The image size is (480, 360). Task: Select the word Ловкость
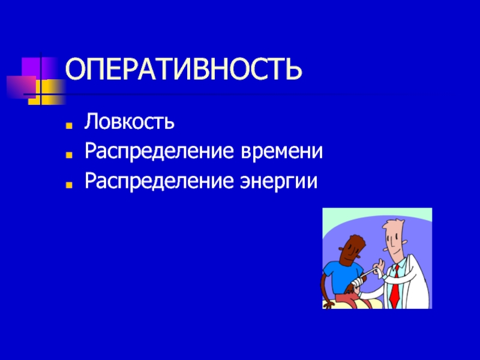pyautogui.click(x=129, y=122)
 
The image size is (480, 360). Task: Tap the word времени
pyautogui.click(x=281, y=151)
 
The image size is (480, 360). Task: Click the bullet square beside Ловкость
pyautogui.click(x=69, y=125)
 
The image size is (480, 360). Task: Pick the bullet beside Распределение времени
pyautogui.click(x=69, y=155)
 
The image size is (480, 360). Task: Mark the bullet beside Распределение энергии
pyautogui.click(x=69, y=185)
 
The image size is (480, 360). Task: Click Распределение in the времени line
pyautogui.click(x=159, y=152)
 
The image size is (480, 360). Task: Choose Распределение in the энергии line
pyautogui.click(x=159, y=182)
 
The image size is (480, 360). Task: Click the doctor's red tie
pyautogui.click(x=395, y=287)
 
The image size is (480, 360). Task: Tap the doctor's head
pyautogui.click(x=394, y=238)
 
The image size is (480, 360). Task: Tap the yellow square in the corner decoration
pyautogui.click(x=47, y=92)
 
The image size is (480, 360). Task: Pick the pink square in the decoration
pyautogui.click(x=21, y=87)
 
